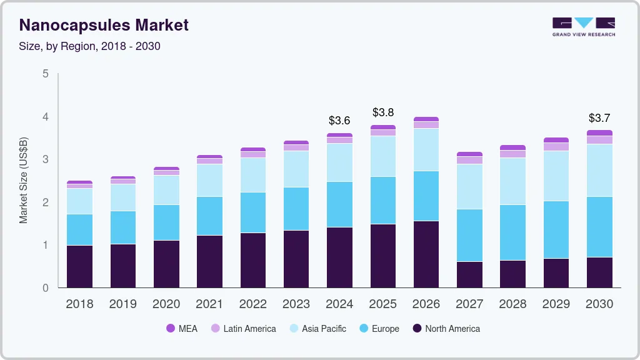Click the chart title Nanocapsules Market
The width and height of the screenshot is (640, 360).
click(x=104, y=26)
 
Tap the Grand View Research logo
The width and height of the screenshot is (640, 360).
click(x=583, y=26)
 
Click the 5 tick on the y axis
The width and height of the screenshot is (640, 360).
click(x=45, y=74)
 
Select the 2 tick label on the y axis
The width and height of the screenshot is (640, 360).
click(x=45, y=202)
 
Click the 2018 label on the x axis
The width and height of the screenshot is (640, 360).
click(x=79, y=304)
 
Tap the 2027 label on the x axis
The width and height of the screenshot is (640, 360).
click(x=469, y=304)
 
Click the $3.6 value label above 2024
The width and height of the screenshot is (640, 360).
click(x=339, y=121)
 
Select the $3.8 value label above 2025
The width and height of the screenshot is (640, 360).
click(x=383, y=112)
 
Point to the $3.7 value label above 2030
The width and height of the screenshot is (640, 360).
click(x=599, y=118)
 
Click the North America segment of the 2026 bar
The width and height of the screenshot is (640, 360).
click(x=426, y=254)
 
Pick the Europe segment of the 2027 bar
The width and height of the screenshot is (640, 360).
click(x=469, y=235)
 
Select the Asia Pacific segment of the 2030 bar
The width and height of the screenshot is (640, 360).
click(x=599, y=170)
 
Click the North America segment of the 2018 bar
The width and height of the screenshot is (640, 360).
click(x=79, y=266)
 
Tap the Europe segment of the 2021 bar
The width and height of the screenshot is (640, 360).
click(x=209, y=216)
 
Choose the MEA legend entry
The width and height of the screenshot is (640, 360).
click(x=182, y=329)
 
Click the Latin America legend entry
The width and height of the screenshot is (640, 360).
click(x=243, y=329)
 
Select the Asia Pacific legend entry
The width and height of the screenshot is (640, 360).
click(x=317, y=329)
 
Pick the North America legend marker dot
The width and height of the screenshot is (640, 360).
click(x=415, y=329)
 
